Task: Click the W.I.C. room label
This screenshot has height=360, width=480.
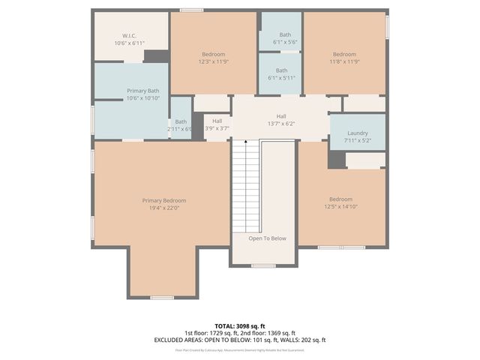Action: tap(129, 35)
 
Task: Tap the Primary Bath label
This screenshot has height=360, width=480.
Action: tap(142, 91)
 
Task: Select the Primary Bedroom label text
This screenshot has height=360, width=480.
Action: tap(164, 200)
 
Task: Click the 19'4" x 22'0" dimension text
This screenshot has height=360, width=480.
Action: tap(164, 208)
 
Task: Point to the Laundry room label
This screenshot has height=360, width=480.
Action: tap(358, 133)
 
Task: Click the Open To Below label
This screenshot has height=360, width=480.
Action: tap(268, 238)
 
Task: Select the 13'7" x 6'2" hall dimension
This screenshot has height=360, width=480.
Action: tap(281, 124)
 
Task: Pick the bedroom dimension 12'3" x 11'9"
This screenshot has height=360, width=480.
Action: tap(213, 61)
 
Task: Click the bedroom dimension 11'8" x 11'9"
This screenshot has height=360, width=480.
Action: tap(344, 61)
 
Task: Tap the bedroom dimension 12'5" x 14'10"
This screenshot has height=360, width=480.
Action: tap(341, 207)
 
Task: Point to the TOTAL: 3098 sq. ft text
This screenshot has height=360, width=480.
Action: tap(240, 325)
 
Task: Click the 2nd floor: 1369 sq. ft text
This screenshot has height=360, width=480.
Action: tap(265, 332)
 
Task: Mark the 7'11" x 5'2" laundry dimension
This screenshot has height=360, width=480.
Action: tap(358, 140)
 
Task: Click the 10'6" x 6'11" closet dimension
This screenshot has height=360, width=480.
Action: tap(129, 43)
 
